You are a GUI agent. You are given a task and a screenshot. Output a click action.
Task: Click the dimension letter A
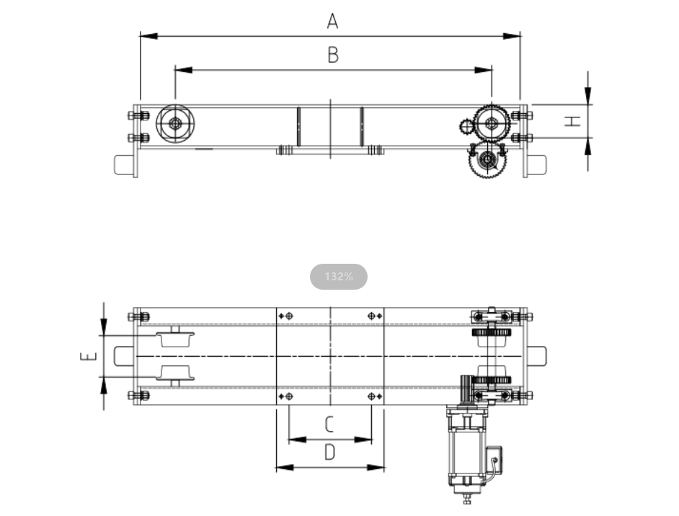point(332,21)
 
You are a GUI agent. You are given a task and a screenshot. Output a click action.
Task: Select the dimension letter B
point(332,55)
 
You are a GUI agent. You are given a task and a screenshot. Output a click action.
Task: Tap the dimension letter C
point(329,424)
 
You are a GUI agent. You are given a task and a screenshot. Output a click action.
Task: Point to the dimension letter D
point(329,452)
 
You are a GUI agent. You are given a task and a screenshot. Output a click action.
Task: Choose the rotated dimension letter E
point(89,356)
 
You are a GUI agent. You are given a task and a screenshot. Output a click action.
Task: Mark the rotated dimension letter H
point(572,121)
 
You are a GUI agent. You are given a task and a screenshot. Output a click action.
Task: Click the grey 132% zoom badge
point(339,277)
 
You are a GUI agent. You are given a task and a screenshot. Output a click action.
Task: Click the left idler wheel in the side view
point(175,124)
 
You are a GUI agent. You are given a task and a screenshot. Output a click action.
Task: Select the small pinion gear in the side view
point(467,126)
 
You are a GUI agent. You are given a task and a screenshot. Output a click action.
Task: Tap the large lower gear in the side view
point(487,160)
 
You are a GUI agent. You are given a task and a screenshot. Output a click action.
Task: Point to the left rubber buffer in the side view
point(124,165)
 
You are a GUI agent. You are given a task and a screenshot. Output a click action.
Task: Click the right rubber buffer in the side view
point(537,165)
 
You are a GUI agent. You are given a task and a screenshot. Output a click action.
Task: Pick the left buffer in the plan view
point(124,356)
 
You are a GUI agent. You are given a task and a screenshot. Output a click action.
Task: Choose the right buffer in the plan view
point(537,356)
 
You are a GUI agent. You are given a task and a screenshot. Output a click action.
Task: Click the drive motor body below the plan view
point(467,453)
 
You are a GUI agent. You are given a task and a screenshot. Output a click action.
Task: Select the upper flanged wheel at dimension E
point(175,337)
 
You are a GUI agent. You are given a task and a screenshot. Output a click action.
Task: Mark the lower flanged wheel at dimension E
point(175,375)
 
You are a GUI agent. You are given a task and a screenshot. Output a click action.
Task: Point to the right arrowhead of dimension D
point(376,468)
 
